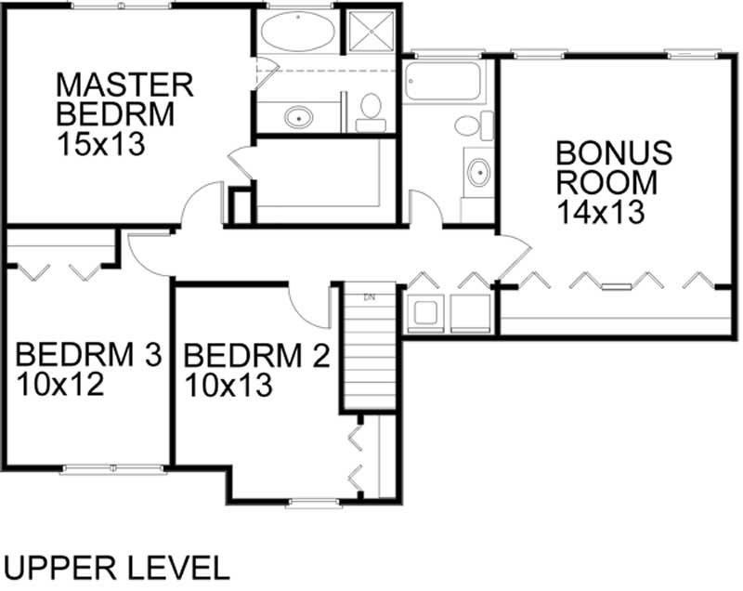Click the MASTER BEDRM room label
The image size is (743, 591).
tap(124, 98)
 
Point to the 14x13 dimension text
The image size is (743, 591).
tap(601, 212)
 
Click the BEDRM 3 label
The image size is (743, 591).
tap(89, 354)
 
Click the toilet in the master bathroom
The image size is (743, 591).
tap(371, 112)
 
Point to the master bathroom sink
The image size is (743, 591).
tap(297, 118)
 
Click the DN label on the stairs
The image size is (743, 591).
tap(369, 297)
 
